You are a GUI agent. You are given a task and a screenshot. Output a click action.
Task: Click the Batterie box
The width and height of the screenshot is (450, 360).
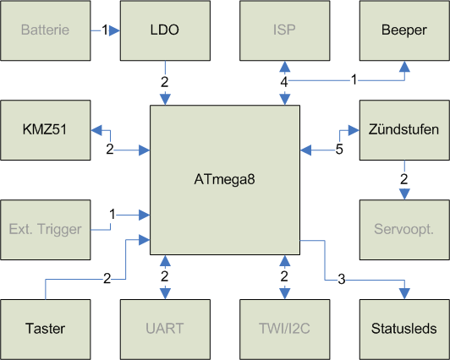[x=46, y=30]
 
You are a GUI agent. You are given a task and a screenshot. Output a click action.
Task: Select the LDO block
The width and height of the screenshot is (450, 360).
[x=165, y=30]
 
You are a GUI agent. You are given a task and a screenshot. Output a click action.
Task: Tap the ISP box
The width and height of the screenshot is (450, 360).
[x=285, y=30]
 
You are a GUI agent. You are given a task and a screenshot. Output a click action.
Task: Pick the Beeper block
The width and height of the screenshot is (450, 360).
[x=404, y=30]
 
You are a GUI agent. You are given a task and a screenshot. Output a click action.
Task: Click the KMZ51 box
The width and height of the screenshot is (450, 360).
[x=46, y=130]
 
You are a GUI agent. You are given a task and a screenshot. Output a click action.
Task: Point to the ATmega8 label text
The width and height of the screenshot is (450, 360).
[x=224, y=180]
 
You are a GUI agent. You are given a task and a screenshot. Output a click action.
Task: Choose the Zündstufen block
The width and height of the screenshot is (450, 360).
[x=404, y=130]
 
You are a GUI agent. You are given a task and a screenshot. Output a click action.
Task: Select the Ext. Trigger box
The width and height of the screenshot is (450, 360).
[x=46, y=230]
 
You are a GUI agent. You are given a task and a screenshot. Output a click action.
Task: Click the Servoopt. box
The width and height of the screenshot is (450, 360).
[x=404, y=230]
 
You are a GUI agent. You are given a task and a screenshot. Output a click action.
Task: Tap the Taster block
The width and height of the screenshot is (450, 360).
[x=46, y=330]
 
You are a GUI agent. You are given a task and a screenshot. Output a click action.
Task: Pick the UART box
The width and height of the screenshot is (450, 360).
[x=165, y=330]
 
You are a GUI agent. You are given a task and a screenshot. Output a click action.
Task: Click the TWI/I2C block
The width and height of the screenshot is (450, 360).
[x=285, y=330]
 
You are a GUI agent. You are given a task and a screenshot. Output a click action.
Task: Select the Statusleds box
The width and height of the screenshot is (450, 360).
[x=404, y=330]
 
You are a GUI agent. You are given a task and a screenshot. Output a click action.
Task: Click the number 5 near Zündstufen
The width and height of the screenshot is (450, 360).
[x=339, y=150]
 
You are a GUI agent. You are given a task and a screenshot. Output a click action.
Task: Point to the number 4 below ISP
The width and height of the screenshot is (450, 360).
[x=284, y=82]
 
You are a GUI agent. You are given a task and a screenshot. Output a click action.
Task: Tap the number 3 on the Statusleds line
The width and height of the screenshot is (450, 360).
[x=341, y=279]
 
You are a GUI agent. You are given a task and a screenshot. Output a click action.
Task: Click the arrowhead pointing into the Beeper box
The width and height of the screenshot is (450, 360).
[x=404, y=67]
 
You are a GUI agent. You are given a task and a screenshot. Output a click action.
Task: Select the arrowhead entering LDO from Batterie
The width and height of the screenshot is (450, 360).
[x=114, y=30]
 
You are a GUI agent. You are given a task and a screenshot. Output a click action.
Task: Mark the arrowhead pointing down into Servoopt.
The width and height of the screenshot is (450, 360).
[x=404, y=194]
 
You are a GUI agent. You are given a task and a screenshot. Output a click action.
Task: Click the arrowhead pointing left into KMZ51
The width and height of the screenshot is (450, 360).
[x=96, y=130]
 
